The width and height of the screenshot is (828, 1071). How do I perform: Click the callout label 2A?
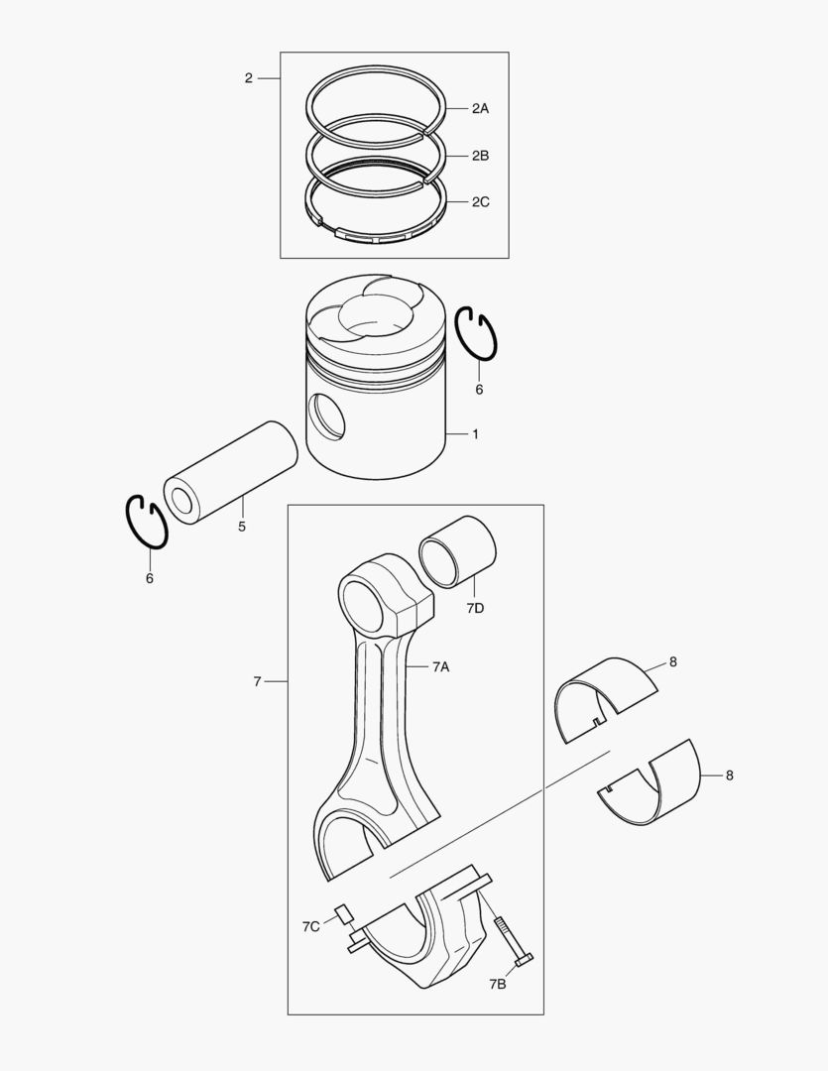pos(480,109)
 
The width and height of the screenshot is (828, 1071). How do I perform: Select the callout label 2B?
pos(480,156)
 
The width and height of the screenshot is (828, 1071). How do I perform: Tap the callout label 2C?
pos(480,201)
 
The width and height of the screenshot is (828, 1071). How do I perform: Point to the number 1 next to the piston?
pos(475,434)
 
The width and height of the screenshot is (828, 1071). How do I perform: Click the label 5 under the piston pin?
pos(242,527)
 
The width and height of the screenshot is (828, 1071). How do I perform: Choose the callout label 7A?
pos(440,668)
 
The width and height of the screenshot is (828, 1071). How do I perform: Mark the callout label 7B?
pos(498,984)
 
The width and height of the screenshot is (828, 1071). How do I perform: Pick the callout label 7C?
pos(311,926)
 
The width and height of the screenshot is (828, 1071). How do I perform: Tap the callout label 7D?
pos(475,608)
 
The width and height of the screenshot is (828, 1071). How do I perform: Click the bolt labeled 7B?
pos(511,942)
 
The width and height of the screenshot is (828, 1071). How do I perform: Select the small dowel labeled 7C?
pos(343,913)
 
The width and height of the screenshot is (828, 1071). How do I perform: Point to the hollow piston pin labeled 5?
pos(231,472)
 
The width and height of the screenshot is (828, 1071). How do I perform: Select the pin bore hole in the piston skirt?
pos(327,416)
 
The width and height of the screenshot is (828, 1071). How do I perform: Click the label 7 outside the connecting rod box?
pos(257,682)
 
